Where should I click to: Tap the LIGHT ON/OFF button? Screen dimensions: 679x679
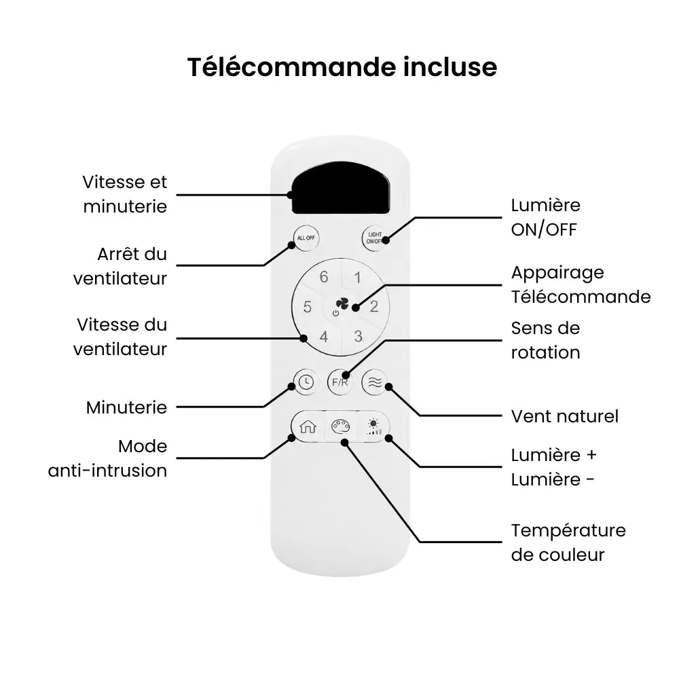pos(375,238)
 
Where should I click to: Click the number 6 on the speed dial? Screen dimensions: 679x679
pos(323,277)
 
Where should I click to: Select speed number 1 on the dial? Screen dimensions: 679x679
pos(357,278)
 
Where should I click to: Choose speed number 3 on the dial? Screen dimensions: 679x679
pos(358,336)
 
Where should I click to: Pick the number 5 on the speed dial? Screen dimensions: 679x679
pos(308,307)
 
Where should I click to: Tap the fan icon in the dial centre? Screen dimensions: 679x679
pos(342,304)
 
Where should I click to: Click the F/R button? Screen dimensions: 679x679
pos(340,382)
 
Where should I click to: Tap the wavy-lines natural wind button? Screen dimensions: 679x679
pos(375,382)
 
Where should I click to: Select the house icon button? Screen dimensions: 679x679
pos(308,427)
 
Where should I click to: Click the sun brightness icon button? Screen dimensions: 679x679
pos(373,427)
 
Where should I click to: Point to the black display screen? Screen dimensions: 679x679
pos(341,188)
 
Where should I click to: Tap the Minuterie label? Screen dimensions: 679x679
pos(126,407)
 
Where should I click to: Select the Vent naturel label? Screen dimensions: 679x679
pos(565,416)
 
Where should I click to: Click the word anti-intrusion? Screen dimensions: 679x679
pos(107,471)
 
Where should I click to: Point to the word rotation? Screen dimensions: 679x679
pos(546,352)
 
